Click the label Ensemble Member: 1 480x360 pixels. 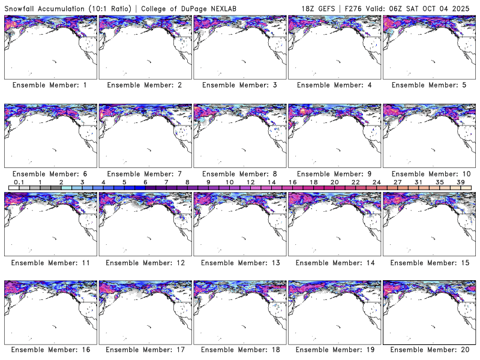tap(50, 85)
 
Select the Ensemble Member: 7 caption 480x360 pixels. tap(144, 174)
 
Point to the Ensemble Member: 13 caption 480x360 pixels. tap(239, 263)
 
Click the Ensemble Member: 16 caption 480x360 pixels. tap(50, 350)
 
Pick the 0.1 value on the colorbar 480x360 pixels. tap(19, 182)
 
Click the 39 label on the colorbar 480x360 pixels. tap(461, 182)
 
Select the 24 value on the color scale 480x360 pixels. tap(376, 182)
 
